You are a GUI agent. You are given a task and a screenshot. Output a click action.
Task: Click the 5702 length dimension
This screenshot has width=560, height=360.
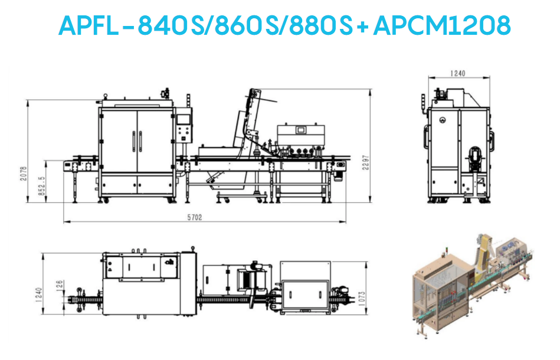[195, 217]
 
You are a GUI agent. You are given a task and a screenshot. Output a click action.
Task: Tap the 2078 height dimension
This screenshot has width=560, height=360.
[23, 174]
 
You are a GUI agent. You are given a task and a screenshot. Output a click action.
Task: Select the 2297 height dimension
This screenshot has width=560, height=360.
[366, 162]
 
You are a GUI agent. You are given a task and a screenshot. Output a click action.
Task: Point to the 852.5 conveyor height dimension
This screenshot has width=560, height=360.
[42, 185]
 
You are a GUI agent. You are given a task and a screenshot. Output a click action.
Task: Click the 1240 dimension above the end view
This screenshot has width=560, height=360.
[457, 73]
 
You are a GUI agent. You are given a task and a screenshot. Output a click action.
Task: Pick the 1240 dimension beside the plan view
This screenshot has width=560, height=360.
[39, 295]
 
